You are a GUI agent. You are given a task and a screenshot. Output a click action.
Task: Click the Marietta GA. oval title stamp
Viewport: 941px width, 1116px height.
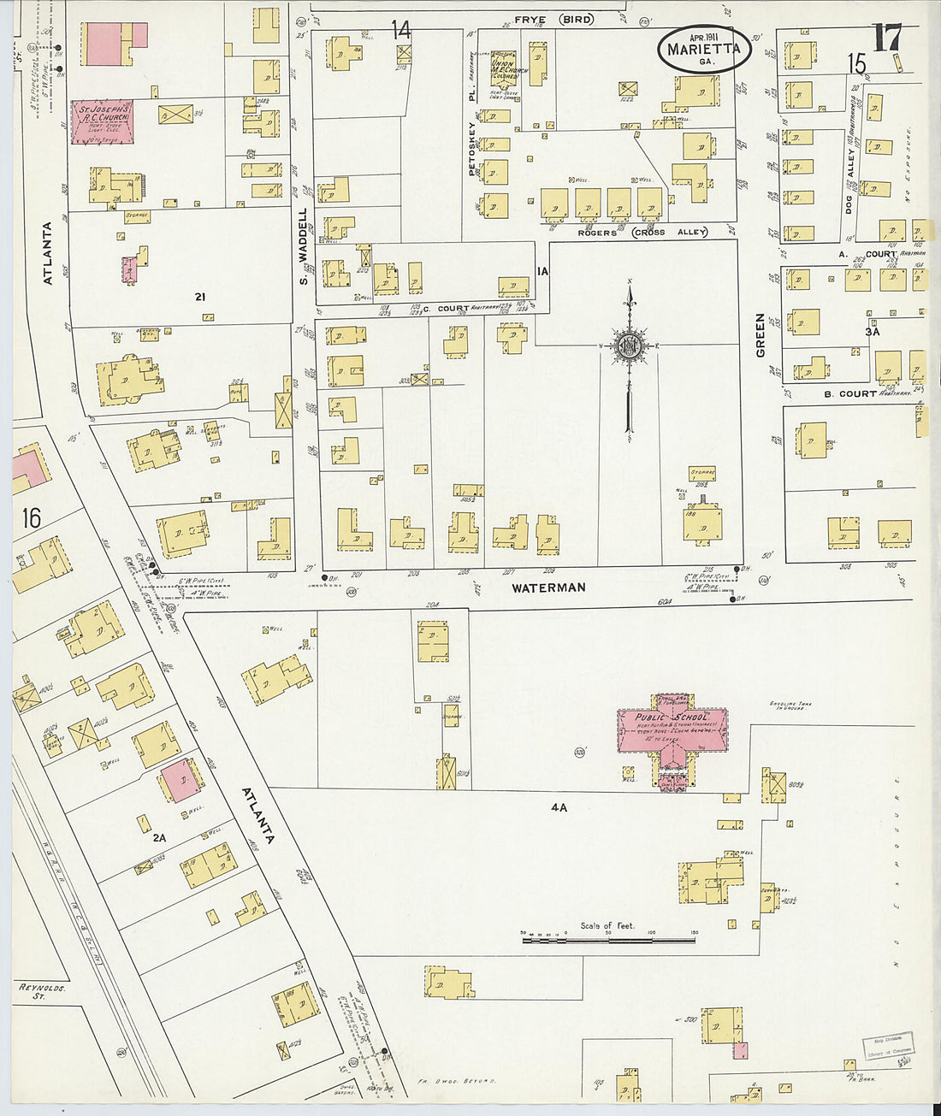pos(704,50)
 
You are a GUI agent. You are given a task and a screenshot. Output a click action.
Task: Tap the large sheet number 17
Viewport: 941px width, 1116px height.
pos(887,38)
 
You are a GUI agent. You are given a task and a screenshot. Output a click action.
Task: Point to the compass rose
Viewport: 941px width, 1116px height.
pos(630,345)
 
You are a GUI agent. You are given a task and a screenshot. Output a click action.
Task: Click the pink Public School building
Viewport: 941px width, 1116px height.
pos(673,731)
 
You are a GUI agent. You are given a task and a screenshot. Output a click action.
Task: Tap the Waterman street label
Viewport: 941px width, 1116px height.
pos(548,588)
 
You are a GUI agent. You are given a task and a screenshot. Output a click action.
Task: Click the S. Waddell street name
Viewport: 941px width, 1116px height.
pos(303,247)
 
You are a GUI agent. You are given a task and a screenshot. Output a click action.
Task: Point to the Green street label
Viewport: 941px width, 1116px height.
pos(760,335)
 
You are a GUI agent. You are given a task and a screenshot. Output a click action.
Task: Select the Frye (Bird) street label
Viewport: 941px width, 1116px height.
pos(553,19)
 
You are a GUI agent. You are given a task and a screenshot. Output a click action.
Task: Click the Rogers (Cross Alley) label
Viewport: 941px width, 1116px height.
pos(642,233)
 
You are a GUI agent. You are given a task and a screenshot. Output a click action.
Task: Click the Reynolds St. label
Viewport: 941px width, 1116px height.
pos(42,991)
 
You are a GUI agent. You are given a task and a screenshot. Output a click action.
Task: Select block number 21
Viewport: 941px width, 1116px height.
pos(200,297)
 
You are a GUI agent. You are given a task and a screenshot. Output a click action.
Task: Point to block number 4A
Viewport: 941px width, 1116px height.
pos(559,806)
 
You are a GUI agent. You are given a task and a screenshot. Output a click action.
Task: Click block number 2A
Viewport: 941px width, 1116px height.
pos(159,838)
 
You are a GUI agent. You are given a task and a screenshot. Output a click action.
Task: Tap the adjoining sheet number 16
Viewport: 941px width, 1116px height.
pos(31,518)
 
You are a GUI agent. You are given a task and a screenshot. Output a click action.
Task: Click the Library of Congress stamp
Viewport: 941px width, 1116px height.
pos(887,1045)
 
